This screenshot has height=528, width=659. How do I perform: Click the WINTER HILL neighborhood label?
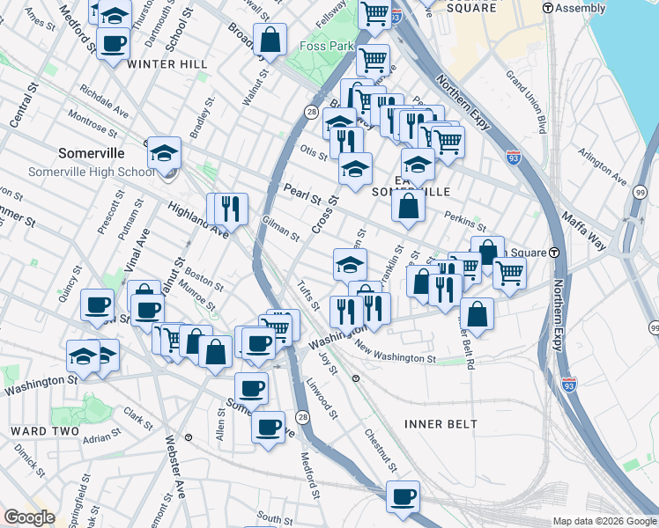tap(167, 64)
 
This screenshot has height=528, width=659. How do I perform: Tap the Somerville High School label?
tap(92, 172)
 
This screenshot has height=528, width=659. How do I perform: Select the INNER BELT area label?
tap(441, 424)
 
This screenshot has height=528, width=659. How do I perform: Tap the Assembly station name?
tap(581, 8)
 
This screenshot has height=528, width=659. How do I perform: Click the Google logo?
tap(29, 517)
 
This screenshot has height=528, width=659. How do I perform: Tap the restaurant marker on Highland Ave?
tap(231, 208)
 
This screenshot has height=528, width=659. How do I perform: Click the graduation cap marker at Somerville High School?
tap(164, 153)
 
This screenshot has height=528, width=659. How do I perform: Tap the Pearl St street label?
tap(301, 194)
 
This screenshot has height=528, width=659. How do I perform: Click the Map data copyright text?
tap(603, 521)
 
